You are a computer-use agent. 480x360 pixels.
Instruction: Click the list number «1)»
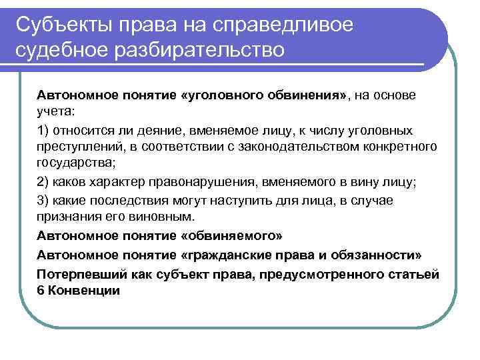[43, 130]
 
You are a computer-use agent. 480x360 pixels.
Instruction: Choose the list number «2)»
[43, 182]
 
